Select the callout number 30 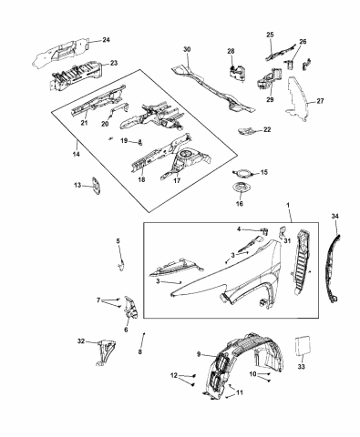pos(187,49)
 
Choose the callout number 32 pos(81,341)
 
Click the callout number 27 pos(319,102)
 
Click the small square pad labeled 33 pos(306,349)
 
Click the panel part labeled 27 pos(296,105)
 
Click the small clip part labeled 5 pos(120,263)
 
